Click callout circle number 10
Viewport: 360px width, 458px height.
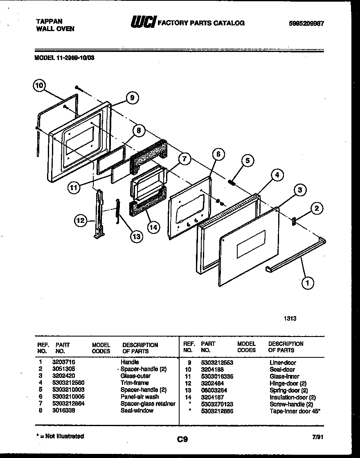[x=39, y=86]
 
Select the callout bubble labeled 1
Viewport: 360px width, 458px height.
[x=308, y=282]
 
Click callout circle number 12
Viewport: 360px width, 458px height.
[x=81, y=221]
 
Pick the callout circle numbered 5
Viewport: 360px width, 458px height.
[x=247, y=160]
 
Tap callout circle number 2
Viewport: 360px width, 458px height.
[x=316, y=209]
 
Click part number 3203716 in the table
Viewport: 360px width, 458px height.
[x=64, y=362]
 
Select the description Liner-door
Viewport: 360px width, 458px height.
[x=283, y=362]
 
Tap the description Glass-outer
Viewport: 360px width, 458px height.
[x=135, y=376]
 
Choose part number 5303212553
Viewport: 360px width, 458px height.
[x=217, y=362]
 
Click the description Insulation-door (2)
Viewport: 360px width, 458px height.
[x=292, y=397]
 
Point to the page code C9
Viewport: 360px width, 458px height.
[x=182, y=440]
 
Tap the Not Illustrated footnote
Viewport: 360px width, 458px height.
[x=60, y=436]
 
